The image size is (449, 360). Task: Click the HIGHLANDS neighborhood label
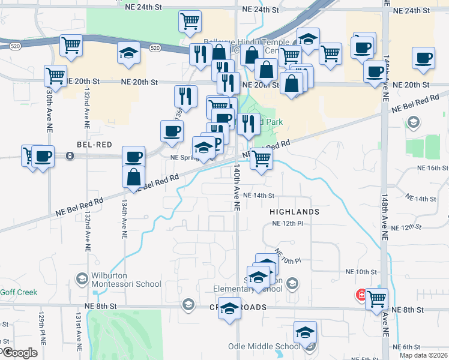pos(294,212)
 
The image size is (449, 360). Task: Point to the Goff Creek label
pos(19,292)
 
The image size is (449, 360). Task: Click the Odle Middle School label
pos(264,346)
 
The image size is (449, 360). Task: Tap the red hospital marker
pos(361,295)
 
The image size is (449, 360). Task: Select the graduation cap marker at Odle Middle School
pos(305,332)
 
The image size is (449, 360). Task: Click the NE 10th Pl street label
pos(288,256)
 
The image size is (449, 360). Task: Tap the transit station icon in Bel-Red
pos(71,156)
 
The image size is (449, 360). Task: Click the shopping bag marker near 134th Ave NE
pos(133,177)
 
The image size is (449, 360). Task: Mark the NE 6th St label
pos(411,347)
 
